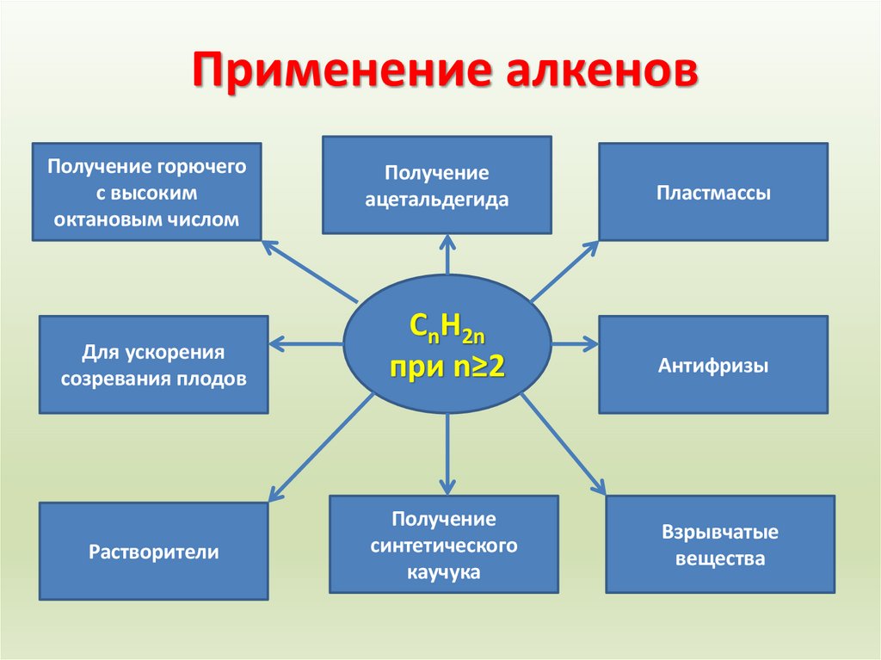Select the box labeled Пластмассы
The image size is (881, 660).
tap(713, 192)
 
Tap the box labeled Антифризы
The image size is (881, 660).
tap(713, 365)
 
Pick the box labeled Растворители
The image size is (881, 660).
tap(154, 552)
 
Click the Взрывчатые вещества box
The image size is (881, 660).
tap(720, 545)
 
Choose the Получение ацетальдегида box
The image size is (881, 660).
tap(437, 185)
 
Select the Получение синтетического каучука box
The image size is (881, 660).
tap(444, 545)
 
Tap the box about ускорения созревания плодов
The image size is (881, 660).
tap(154, 365)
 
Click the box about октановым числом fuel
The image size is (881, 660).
tap(146, 192)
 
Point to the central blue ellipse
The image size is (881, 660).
tap(447, 343)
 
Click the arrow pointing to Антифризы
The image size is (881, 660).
tap(575, 343)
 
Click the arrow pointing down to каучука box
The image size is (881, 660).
tap(447, 453)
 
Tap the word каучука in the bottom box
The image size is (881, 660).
tap(444, 571)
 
